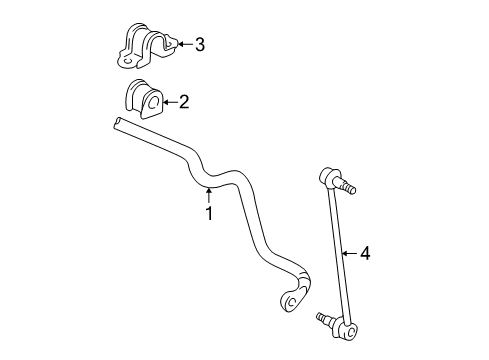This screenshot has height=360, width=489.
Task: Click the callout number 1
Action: [x=208, y=212]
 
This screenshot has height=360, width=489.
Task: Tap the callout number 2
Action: [x=183, y=101]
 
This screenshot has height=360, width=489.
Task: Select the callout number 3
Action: [x=199, y=44]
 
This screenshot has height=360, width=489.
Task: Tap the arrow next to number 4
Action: [x=349, y=254]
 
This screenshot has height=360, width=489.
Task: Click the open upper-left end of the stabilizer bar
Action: [x=119, y=123]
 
